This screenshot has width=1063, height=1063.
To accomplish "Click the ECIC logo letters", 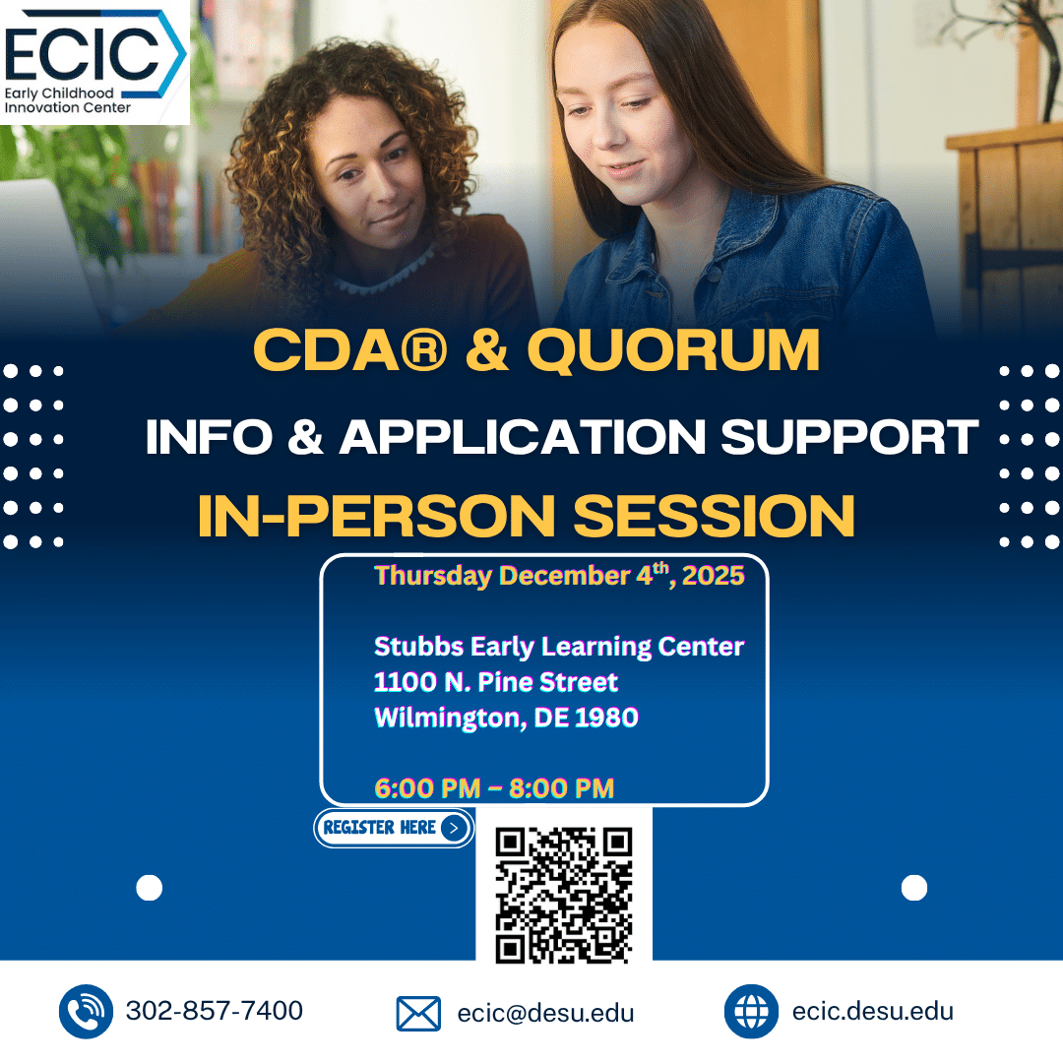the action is tap(82, 54).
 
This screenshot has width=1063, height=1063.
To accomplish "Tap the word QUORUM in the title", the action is tap(674, 351).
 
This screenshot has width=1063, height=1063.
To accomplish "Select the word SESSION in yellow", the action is tap(715, 516).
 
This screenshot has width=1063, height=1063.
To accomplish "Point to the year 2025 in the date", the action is tap(714, 576).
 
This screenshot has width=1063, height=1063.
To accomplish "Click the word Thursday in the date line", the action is tap(433, 576).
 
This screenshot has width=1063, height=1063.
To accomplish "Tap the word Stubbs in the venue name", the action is tap(418, 646).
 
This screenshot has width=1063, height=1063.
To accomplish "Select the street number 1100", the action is tap(406, 682).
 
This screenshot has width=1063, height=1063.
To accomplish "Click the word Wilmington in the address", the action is tap(450, 718).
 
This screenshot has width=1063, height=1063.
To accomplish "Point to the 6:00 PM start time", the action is tap(428, 788).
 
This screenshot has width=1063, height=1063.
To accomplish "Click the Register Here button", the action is tap(394, 828).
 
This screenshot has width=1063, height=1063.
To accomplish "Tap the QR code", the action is tap(564, 895).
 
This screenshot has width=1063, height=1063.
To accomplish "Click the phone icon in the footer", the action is tap(86, 1012).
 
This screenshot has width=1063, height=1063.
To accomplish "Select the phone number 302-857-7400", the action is tap(215, 1011).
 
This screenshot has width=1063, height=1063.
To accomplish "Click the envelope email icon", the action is tap(418, 1014).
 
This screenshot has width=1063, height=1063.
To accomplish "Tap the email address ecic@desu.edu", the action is tap(545, 1013).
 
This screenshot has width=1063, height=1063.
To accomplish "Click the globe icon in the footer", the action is tap(751, 1012).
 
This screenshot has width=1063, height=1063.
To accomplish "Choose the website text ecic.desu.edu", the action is tap(872, 1011).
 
